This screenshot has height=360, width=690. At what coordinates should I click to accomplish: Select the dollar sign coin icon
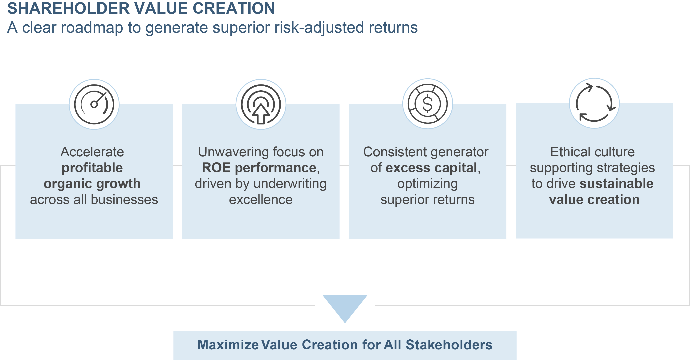click(428, 104)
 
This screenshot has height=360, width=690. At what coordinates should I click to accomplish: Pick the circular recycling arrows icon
click(594, 103)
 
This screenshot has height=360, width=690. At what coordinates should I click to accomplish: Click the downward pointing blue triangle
click(345, 305)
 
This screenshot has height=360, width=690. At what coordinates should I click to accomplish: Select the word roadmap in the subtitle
click(92, 28)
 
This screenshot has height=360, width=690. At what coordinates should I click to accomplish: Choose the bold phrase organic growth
click(92, 184)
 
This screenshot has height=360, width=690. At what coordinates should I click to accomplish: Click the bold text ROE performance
click(259, 168)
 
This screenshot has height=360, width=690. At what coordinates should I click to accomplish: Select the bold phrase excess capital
click(431, 168)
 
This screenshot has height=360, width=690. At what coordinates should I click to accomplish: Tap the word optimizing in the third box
click(428, 184)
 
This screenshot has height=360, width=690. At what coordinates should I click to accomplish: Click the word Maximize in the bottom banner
click(228, 345)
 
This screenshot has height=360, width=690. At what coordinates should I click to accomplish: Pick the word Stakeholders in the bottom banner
click(449, 345)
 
